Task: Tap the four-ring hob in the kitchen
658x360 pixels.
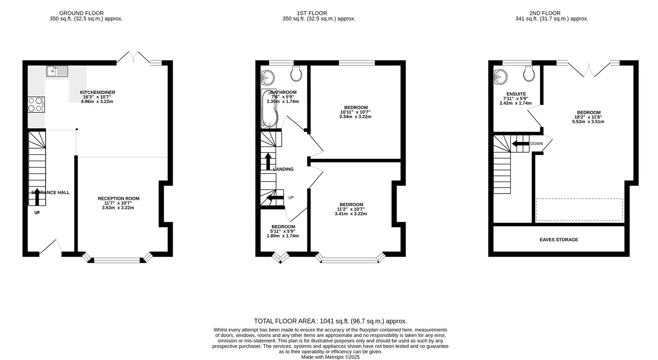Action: [x=36, y=104]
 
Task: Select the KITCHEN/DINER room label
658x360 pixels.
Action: [x=97, y=92]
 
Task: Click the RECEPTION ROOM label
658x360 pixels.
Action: [x=118, y=198]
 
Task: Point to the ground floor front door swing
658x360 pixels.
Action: [x=51, y=246]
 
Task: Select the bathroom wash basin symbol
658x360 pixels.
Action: [x=268, y=76]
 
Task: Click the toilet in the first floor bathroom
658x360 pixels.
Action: [x=296, y=74]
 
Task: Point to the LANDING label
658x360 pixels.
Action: [x=283, y=169]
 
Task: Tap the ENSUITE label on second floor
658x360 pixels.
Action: [x=516, y=94]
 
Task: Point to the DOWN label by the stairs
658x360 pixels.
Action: [x=536, y=144]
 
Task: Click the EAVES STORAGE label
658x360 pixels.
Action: [x=558, y=239]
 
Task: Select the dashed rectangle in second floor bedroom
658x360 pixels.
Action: [x=579, y=209]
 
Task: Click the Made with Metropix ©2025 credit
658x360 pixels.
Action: [x=330, y=357]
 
